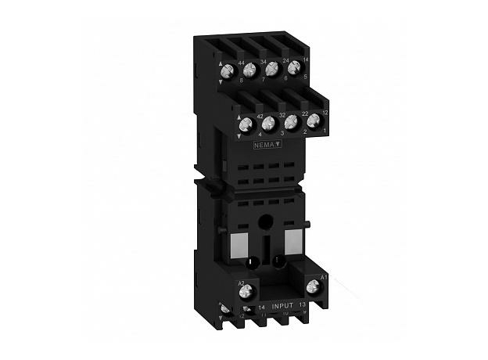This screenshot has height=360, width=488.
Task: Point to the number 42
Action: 259,115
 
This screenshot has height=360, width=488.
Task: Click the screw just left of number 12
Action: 314,121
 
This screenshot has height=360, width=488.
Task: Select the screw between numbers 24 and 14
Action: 293,69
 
